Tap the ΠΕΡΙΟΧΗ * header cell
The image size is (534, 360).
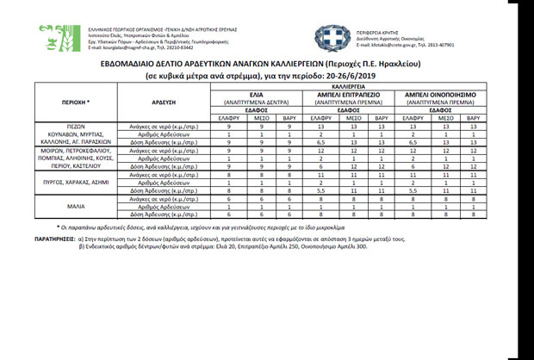[77, 101]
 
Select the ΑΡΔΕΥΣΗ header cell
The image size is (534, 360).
[160, 101]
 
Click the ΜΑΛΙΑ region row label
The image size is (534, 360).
[77, 207]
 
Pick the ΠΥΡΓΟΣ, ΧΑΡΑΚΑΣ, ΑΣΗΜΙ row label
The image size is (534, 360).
[77, 183]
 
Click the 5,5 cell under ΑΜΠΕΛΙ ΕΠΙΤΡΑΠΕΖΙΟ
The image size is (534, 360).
[319, 189]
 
